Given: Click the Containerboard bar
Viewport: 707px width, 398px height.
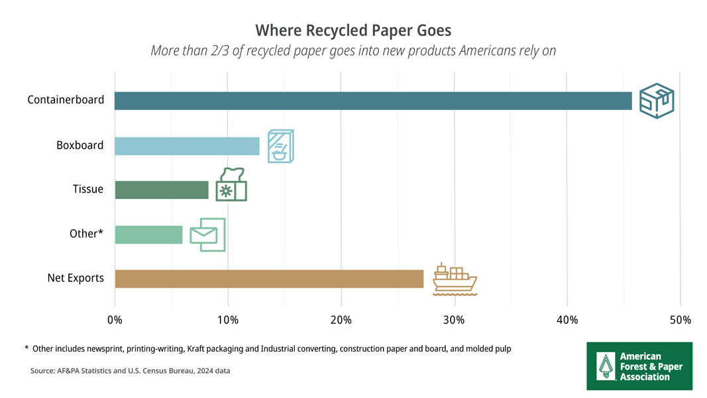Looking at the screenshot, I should (x=373, y=101).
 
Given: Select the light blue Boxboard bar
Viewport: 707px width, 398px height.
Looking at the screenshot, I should (x=187, y=146).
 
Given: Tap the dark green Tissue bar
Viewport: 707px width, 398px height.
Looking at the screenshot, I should (x=162, y=190).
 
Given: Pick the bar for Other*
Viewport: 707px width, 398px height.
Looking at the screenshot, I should (x=148, y=235).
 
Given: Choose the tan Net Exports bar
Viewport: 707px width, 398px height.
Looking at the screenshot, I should (x=269, y=279).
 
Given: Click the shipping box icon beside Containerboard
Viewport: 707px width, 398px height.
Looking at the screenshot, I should (x=656, y=101).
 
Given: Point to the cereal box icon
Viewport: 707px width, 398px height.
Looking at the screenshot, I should (x=280, y=147).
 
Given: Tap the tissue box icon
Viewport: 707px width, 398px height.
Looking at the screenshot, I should (x=231, y=185).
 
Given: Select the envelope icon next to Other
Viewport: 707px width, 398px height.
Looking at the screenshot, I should (x=207, y=235).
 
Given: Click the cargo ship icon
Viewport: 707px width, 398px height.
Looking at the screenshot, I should (x=454, y=278).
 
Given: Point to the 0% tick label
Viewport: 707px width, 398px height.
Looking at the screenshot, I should (x=115, y=320).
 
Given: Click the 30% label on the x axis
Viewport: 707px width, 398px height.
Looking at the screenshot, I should (x=454, y=320).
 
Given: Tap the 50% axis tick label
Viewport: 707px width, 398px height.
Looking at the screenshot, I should (x=680, y=320).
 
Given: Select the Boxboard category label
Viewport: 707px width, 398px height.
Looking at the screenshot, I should (x=80, y=145).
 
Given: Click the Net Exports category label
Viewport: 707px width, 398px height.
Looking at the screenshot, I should (x=76, y=278).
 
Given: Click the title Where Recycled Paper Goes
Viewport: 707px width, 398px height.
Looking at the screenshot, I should (x=353, y=31).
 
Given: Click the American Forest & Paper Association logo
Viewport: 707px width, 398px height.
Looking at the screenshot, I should (x=639, y=366).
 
